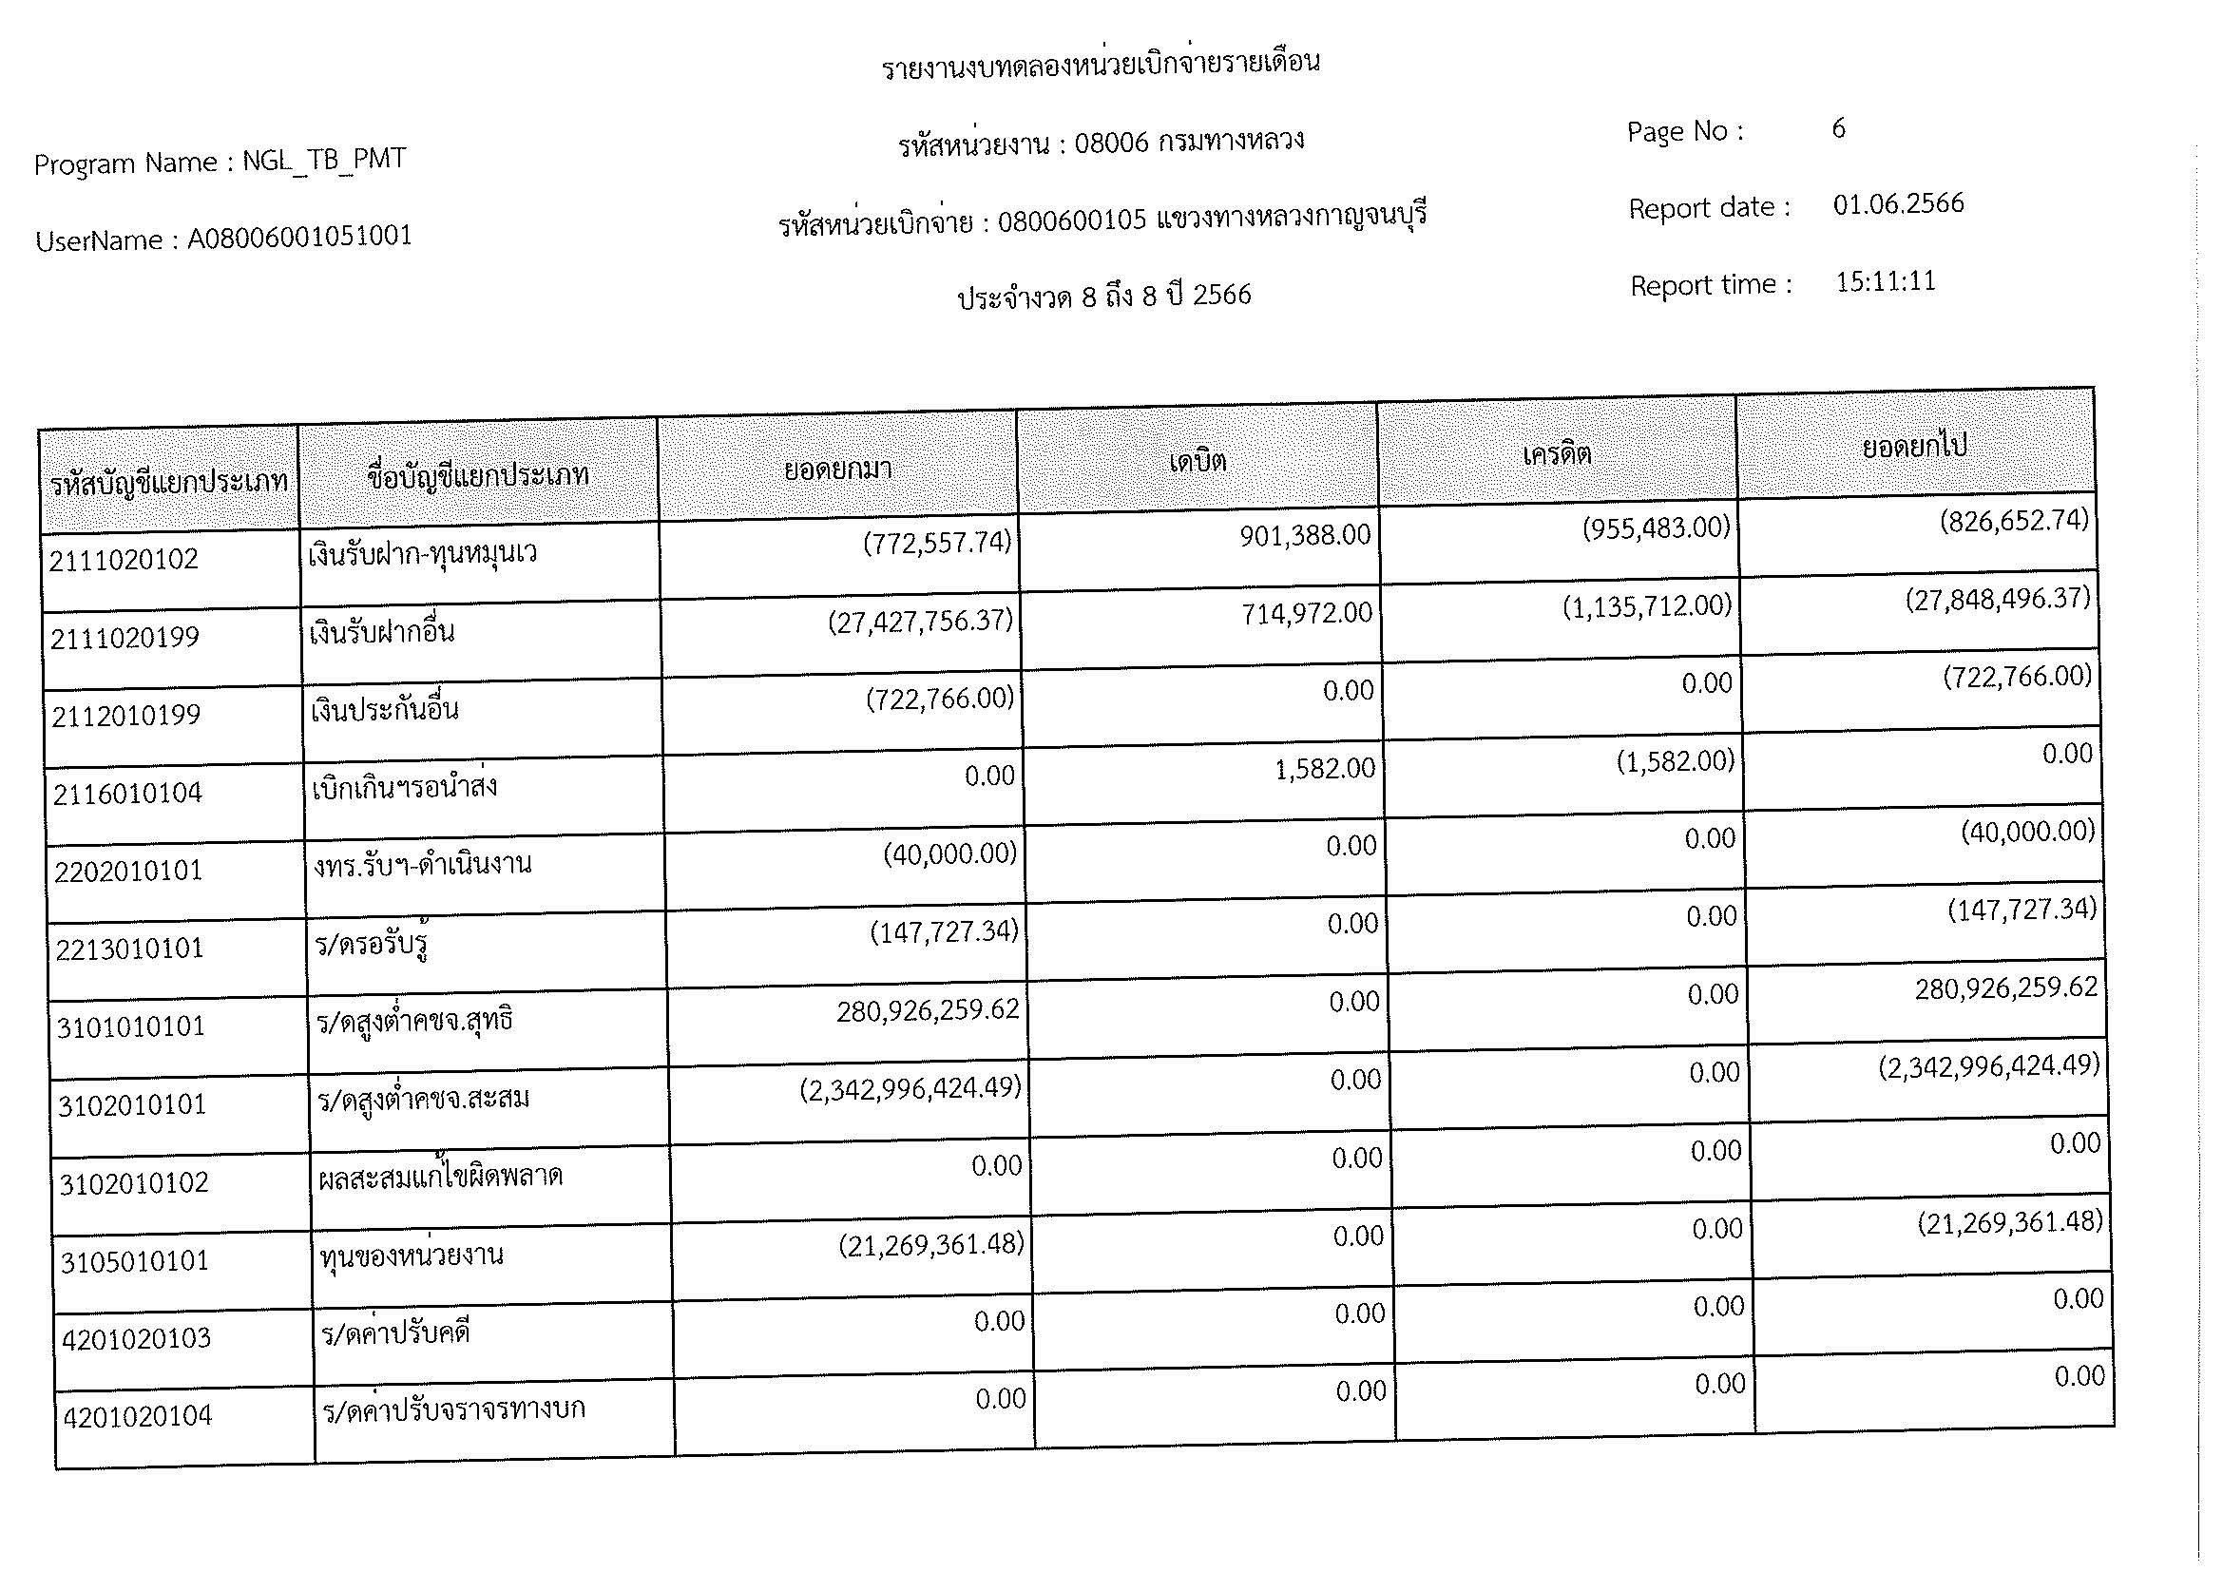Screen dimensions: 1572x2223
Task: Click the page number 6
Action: (1838, 128)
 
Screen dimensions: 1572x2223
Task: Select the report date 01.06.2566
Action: (1898, 204)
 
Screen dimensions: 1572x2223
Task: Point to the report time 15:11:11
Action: (1885, 281)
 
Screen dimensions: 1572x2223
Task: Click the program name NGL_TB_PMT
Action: (323, 160)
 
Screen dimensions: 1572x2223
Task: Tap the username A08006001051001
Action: (299, 237)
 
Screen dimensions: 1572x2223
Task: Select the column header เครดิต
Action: (1557, 453)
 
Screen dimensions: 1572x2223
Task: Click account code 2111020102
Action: (123, 560)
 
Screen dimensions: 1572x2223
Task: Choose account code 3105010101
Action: (134, 1261)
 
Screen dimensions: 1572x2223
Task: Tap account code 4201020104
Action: (137, 1417)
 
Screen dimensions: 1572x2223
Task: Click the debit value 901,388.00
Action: (1305, 535)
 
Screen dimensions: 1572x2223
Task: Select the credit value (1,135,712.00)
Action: (1647, 607)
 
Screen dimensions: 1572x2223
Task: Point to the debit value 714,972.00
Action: (1307, 613)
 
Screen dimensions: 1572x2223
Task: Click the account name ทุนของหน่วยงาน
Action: (412, 1256)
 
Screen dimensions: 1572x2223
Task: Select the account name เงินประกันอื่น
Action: (384, 710)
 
